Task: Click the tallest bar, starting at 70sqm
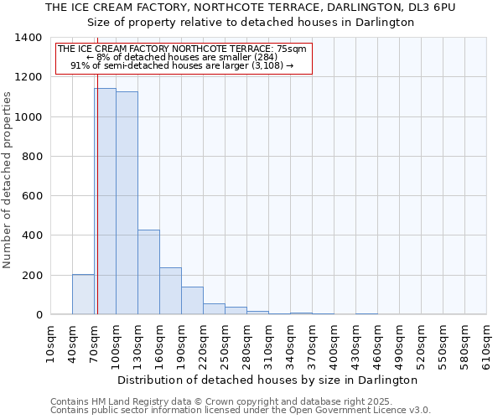coord(105,201)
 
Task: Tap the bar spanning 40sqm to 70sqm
coord(83,294)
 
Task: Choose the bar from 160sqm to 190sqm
coord(170,291)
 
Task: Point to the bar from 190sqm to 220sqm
coord(192,300)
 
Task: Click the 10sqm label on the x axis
coord(51,344)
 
